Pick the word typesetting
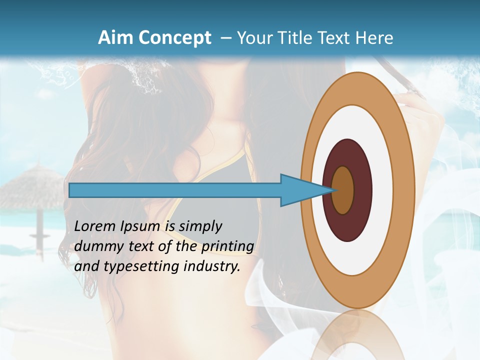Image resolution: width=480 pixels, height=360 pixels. [140, 266]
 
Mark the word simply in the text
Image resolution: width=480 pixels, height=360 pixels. [200, 226]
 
